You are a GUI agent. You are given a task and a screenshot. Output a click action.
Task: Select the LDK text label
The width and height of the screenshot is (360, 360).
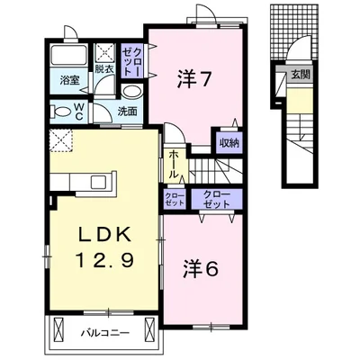(104, 235)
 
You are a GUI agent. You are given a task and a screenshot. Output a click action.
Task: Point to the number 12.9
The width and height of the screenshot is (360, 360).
(104, 260)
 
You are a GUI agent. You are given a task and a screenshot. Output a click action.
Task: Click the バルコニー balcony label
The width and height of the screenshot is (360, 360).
(105, 333)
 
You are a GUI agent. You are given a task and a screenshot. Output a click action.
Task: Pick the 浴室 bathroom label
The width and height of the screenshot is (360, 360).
(69, 80)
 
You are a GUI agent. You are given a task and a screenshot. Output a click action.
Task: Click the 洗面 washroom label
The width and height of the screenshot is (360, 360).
(127, 112)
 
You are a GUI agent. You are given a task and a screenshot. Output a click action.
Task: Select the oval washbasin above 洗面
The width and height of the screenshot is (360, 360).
(132, 92)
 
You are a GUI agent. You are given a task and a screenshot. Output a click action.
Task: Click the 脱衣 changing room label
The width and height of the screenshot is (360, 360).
(104, 69)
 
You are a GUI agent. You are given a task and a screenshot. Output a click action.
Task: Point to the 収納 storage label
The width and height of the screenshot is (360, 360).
(229, 143)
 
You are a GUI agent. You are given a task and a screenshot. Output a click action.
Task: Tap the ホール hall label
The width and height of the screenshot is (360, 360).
(174, 165)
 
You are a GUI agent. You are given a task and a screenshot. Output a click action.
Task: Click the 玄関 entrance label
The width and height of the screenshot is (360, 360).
(300, 74)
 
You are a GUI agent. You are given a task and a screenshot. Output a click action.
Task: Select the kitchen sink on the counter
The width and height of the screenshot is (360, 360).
(98, 182)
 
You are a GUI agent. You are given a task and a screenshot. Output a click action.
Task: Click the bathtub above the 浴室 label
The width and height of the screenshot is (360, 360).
(68, 55)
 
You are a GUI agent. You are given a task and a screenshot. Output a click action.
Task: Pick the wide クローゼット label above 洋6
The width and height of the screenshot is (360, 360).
(217, 199)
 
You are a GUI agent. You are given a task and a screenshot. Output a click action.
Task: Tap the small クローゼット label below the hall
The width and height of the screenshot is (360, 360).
(175, 199)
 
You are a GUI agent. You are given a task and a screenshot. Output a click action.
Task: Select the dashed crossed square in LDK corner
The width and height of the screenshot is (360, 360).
(61, 140)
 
